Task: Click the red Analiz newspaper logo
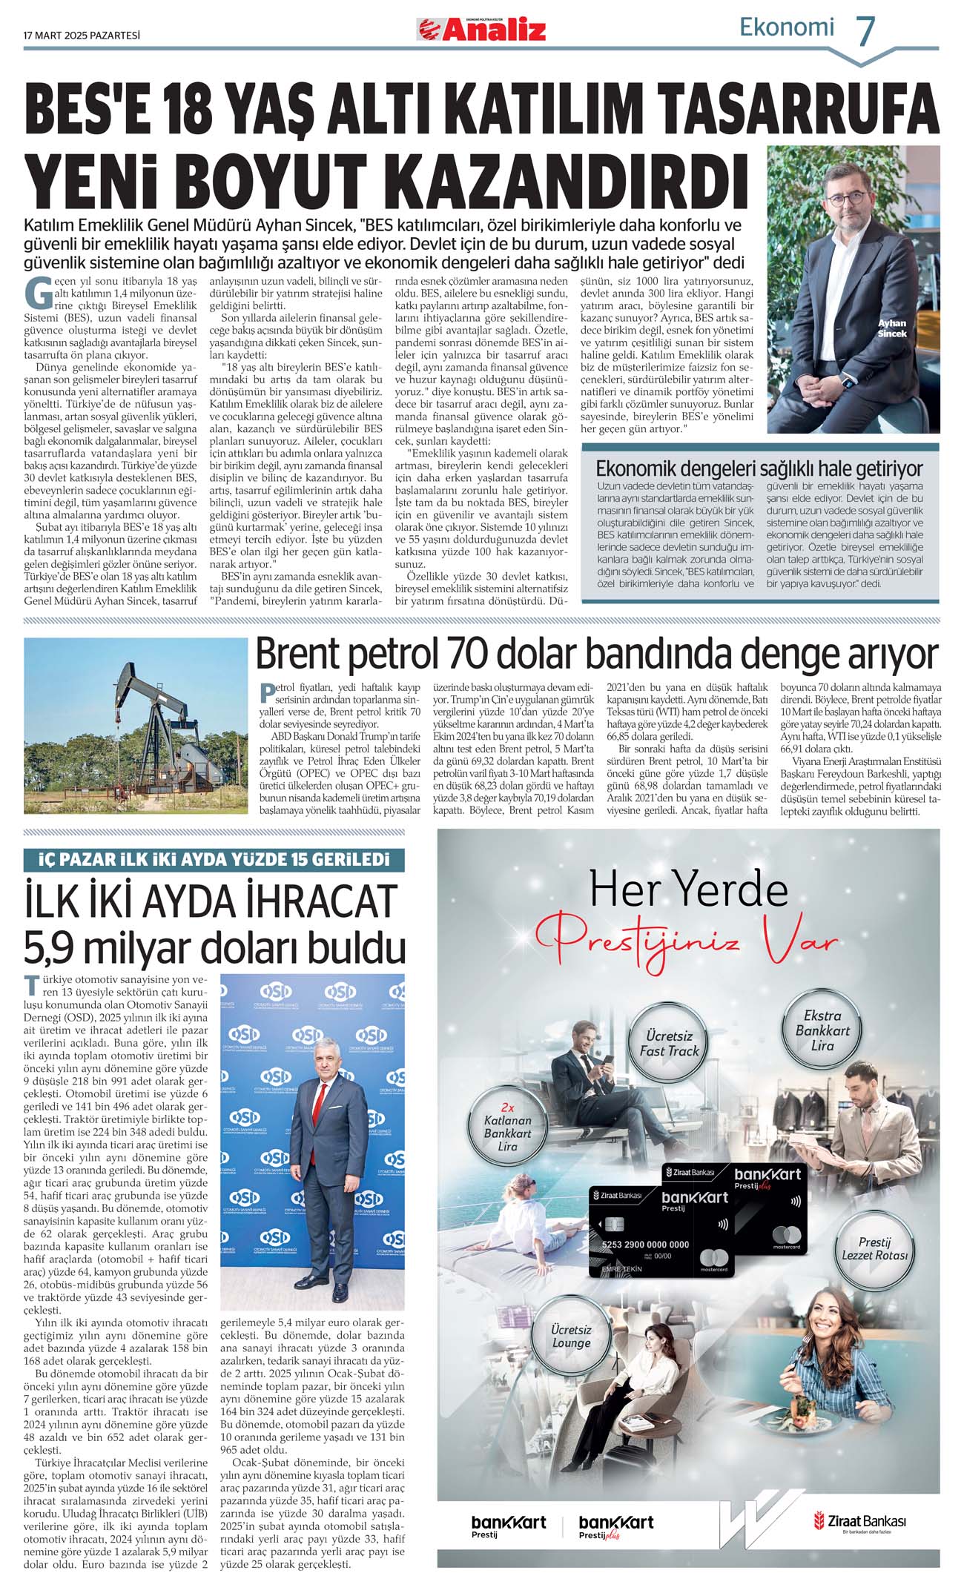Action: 483,30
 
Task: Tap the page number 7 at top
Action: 865,31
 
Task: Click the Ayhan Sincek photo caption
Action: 892,328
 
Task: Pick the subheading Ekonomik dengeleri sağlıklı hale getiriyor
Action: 759,468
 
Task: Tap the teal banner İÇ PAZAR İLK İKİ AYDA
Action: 214,860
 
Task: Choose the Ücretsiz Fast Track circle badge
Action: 670,1044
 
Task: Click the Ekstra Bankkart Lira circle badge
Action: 822,1030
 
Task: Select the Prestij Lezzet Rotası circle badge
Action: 874,1248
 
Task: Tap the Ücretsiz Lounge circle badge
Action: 571,1336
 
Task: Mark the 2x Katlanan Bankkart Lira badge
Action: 507,1133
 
